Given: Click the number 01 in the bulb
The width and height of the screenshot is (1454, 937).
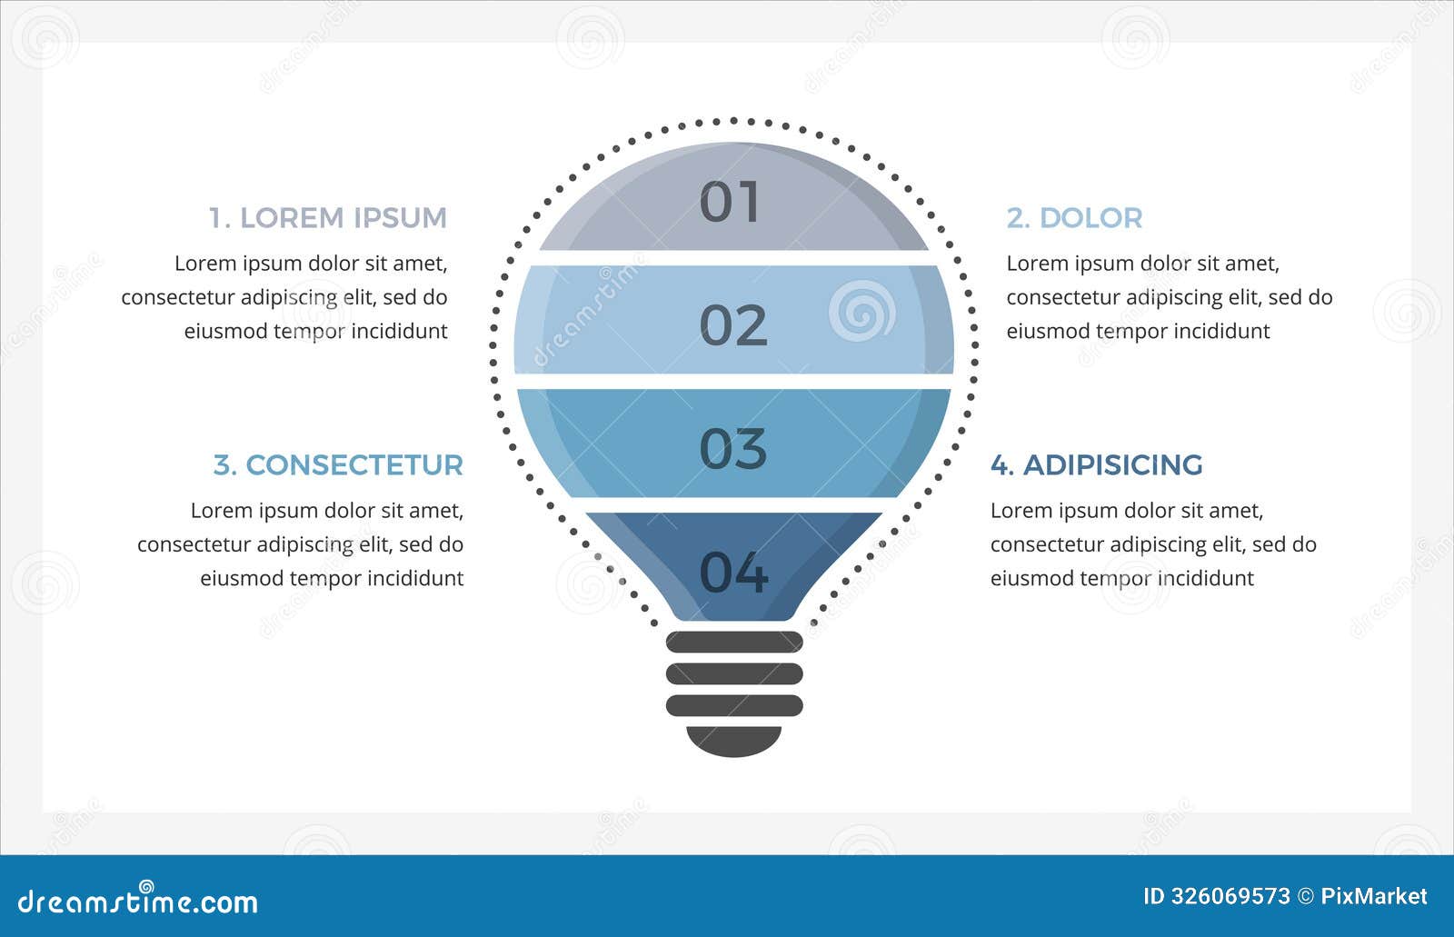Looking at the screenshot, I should point(730,202).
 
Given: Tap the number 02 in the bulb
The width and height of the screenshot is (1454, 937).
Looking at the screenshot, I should point(733,325).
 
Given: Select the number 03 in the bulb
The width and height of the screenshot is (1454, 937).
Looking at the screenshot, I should point(733,448).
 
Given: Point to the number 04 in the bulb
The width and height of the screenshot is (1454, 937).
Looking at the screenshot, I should point(733,573).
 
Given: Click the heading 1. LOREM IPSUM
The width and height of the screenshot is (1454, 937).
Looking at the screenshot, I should point(328,218).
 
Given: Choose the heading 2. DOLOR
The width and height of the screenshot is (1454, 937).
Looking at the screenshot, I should point(1074,218).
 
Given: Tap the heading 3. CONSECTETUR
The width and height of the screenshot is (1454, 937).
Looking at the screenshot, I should point(338,465).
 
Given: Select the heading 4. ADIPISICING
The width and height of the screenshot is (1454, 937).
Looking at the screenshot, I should point(1096,465).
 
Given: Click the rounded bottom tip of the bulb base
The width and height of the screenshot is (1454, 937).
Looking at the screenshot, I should point(734,741).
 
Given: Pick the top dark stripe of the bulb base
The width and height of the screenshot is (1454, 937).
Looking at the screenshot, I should point(734,643).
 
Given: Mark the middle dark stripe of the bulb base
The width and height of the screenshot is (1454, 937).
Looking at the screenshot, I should point(734,673).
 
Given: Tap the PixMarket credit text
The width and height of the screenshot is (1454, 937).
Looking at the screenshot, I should point(1373,897).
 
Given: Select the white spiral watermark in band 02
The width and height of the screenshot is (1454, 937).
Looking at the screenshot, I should point(861,311).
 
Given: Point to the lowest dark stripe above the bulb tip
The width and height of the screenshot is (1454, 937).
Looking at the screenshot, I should point(734,705).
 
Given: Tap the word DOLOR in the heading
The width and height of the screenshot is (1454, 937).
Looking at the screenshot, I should point(1090,218).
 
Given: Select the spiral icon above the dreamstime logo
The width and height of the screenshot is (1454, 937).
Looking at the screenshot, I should point(146,885).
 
